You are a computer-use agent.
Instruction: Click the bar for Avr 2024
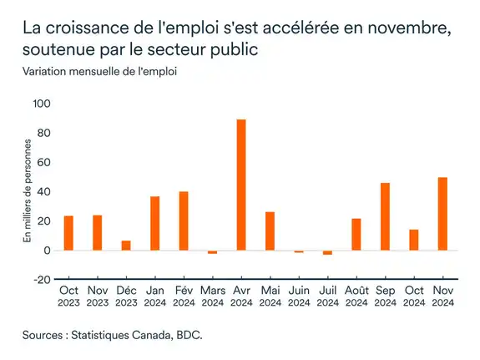coord(241,185)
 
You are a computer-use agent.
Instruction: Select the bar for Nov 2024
coord(442,214)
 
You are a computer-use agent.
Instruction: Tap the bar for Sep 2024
coord(385,216)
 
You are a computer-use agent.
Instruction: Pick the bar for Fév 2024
coord(184,221)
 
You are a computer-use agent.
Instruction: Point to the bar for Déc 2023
coord(126,246)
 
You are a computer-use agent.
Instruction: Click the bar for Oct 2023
coord(68,233)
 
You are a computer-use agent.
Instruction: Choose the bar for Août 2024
coord(356,234)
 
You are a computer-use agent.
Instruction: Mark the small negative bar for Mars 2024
coord(212,251)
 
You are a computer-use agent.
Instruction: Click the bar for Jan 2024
coord(155,223)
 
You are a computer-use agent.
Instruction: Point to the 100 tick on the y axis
coord(42,104)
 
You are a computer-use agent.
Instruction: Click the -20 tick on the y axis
coord(42,280)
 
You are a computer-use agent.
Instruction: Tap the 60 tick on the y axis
coord(44,162)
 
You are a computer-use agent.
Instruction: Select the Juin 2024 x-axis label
coord(298,297)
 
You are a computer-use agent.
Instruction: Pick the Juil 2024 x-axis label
coord(327,297)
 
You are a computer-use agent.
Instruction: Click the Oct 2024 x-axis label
coord(413,297)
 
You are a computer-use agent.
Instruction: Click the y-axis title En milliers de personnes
coord(27,191)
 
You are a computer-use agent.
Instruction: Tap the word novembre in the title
coord(405,28)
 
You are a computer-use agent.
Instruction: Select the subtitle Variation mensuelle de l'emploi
coord(99,71)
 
